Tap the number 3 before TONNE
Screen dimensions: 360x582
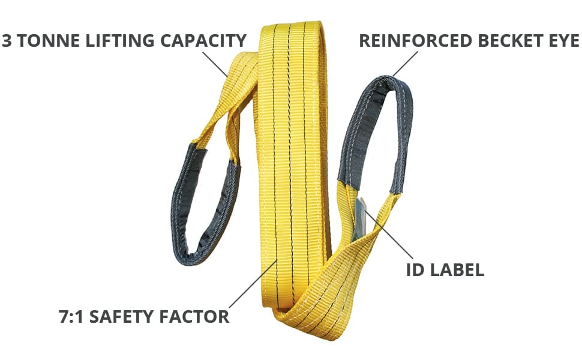[x=8, y=41]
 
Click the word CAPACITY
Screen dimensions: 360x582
[x=203, y=41]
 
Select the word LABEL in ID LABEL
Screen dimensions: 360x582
[x=458, y=270]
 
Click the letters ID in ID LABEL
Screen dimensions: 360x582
[x=415, y=270]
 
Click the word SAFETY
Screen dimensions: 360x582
[x=125, y=316]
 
